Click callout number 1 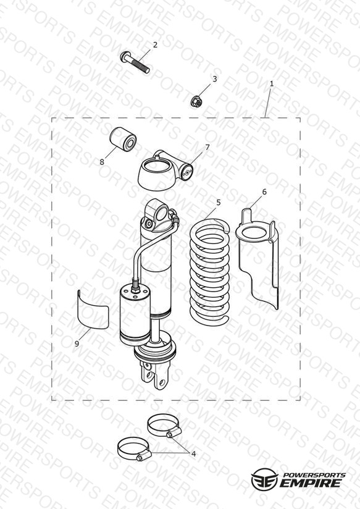[x=272, y=84]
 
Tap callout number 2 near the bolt [x=155, y=45]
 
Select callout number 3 [x=214, y=79]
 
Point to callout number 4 [x=193, y=454]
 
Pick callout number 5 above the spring [x=219, y=203]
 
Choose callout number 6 [x=264, y=192]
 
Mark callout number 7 [x=207, y=148]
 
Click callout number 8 [x=102, y=162]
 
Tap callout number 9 [x=77, y=343]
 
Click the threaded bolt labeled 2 [x=135, y=62]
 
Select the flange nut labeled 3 [x=196, y=101]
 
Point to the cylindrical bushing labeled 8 [x=123, y=139]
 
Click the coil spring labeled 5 [x=210, y=272]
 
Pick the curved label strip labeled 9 [x=93, y=310]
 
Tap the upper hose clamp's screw [x=169, y=434]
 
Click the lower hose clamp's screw [x=140, y=458]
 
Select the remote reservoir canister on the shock [x=135, y=314]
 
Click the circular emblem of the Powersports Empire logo [x=264, y=479]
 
